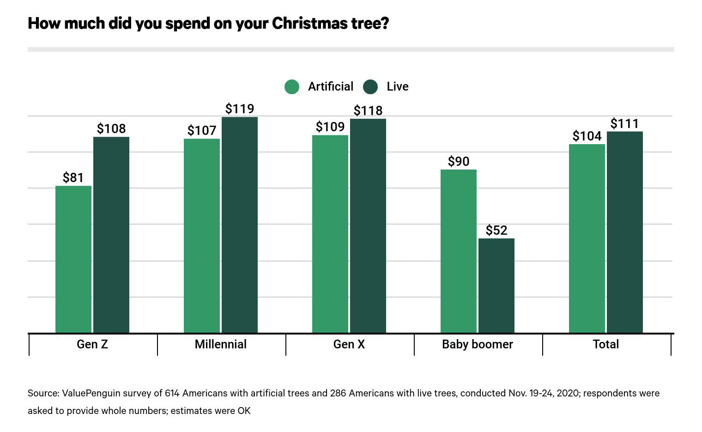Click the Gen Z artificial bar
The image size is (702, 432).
[x=73, y=259]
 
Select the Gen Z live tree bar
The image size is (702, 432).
[x=111, y=235]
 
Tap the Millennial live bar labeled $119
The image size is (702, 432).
[x=240, y=225]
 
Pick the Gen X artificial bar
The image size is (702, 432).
[x=330, y=234]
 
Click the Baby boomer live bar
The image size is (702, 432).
[x=496, y=286]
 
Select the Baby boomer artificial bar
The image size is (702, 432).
[x=459, y=251]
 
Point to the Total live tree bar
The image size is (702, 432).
[x=625, y=232]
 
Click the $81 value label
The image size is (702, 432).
[x=73, y=177]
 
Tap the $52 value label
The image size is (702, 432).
[x=496, y=230]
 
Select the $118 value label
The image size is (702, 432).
[x=368, y=110]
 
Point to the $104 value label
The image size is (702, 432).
[x=587, y=136]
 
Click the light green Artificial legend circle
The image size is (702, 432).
[x=292, y=87]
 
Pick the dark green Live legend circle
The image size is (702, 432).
[x=370, y=87]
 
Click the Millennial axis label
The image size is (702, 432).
[x=221, y=344]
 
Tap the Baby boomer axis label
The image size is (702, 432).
[x=478, y=344]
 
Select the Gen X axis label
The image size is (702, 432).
[x=349, y=344]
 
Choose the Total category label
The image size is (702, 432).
[x=606, y=344]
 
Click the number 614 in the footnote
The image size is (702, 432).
[x=172, y=393]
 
